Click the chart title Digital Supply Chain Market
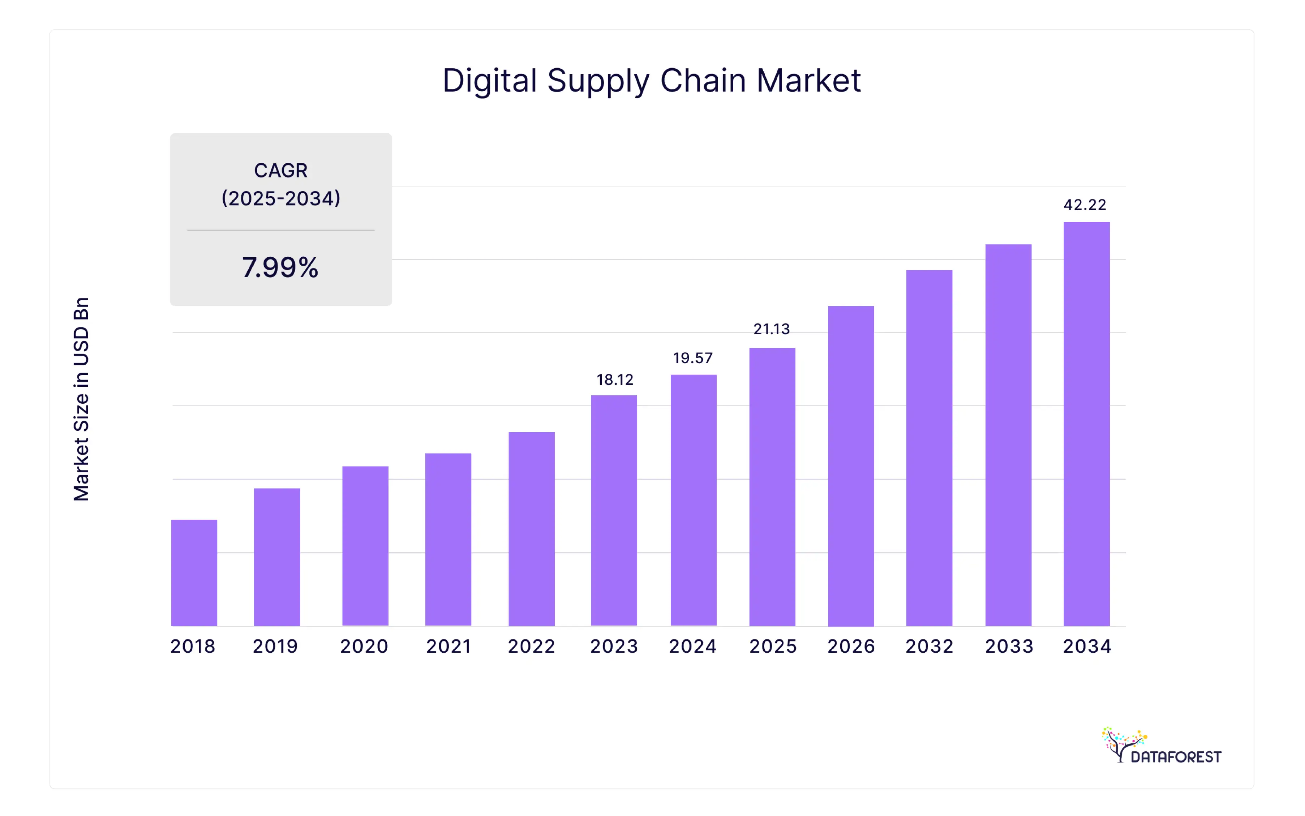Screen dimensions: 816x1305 point(652,81)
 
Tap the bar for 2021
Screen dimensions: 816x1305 point(448,540)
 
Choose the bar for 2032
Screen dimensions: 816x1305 point(929,448)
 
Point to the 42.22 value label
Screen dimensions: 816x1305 point(1085,205)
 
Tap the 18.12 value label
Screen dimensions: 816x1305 point(615,380)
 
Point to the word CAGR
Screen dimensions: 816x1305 point(281,171)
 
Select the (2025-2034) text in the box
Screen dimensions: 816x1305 point(281,199)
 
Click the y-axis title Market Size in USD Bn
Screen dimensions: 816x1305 point(82,399)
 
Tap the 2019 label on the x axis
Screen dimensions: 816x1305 point(275,646)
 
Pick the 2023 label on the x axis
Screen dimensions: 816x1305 point(614,646)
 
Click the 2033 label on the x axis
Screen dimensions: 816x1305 point(1009,646)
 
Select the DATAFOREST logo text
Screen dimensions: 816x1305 point(1176,757)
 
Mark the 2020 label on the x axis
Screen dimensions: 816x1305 point(364,646)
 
